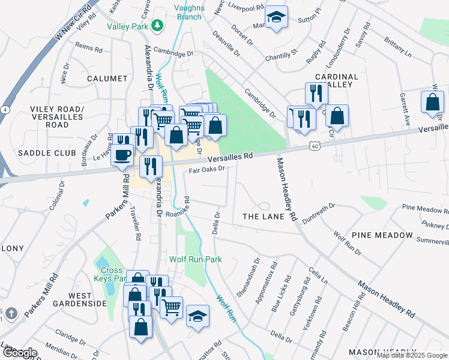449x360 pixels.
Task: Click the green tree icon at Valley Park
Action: [x=157, y=25]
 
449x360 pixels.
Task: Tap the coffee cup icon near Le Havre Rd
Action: [x=122, y=155]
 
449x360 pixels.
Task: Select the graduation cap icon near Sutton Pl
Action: [x=276, y=17]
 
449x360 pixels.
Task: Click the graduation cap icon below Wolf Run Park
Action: [x=197, y=316]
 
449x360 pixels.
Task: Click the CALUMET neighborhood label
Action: [x=107, y=79]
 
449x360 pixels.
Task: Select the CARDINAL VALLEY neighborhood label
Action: [x=336, y=81]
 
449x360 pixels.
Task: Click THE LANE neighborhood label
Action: [x=261, y=215]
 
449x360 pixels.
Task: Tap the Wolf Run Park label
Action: [x=196, y=259]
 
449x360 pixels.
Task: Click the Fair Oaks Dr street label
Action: [x=206, y=170]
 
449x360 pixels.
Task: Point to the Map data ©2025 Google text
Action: [x=411, y=355]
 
